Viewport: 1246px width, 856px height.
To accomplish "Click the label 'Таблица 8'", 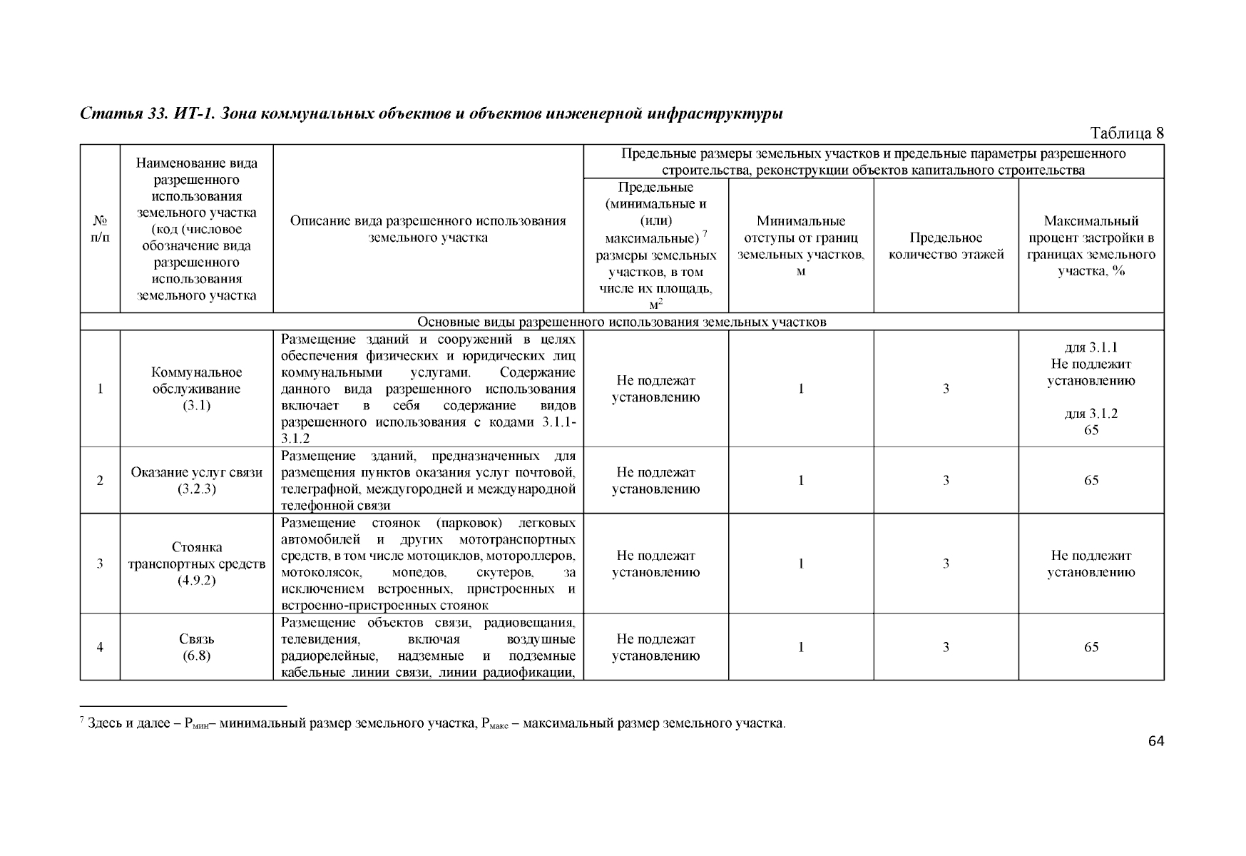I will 1126,133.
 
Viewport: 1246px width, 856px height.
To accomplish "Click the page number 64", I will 1155,742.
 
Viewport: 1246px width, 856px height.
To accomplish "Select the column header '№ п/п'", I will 100,228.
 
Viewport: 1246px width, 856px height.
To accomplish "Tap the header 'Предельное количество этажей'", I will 946,246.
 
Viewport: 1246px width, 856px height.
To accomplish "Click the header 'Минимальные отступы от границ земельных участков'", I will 801,246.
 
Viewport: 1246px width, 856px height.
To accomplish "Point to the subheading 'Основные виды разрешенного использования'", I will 621,322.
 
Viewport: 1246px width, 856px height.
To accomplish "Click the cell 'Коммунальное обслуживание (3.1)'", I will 196,389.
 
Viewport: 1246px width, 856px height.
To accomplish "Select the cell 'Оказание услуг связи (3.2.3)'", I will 196,480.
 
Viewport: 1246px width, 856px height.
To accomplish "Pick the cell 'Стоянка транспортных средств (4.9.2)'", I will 196,564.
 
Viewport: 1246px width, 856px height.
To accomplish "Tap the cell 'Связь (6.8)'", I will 196,647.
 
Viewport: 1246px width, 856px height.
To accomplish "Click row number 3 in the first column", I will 100,564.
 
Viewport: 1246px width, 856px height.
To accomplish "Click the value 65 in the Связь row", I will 1091,647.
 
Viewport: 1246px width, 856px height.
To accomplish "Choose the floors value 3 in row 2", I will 946,480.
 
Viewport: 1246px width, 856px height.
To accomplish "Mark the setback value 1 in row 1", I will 801,389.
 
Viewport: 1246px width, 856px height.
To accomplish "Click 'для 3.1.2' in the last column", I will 1091,414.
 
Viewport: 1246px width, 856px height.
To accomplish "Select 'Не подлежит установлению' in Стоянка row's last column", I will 1091,564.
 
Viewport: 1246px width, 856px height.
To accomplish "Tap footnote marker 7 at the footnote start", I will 83,721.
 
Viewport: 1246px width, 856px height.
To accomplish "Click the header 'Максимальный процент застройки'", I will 1091,246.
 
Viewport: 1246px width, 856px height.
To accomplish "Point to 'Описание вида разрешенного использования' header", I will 428,229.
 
